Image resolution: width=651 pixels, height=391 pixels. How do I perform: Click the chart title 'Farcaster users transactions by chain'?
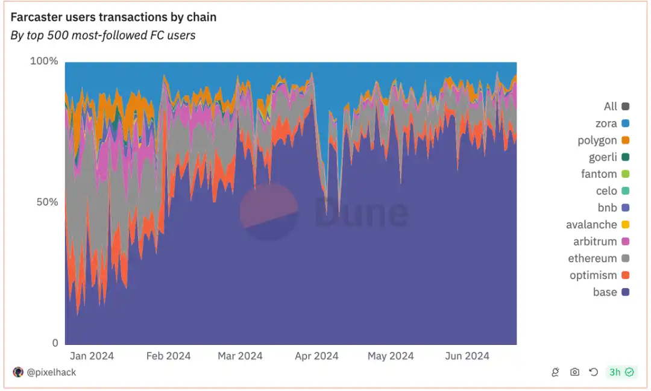click(x=113, y=17)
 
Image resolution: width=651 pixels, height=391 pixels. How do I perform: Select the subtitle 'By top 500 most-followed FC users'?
click(x=103, y=36)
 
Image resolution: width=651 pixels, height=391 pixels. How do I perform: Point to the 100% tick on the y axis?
click(x=44, y=61)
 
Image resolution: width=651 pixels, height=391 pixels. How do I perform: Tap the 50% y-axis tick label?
click(x=46, y=202)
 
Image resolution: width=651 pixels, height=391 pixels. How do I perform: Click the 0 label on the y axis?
click(x=55, y=343)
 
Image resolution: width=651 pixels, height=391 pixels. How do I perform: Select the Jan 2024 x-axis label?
click(x=92, y=356)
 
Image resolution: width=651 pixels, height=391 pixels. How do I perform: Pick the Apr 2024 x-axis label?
click(x=316, y=356)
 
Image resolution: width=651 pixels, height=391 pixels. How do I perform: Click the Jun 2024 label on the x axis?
click(x=467, y=356)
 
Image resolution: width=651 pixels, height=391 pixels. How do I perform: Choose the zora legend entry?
click(x=606, y=124)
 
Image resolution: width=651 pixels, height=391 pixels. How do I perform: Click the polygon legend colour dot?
click(x=625, y=140)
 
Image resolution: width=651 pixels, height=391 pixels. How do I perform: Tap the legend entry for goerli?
click(x=603, y=157)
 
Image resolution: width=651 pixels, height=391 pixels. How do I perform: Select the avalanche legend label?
click(x=591, y=225)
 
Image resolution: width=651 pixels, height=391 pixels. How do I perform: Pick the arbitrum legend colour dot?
click(x=625, y=242)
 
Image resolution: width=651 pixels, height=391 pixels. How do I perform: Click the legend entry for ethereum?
click(x=593, y=258)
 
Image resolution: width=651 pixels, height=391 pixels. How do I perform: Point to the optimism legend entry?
click(x=593, y=275)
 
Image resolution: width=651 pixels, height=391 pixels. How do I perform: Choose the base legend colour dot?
click(x=625, y=292)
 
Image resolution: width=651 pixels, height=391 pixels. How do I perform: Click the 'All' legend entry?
click(x=611, y=107)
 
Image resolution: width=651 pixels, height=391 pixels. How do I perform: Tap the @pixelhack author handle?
click(x=51, y=372)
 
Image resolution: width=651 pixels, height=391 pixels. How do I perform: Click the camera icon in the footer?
click(x=574, y=372)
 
